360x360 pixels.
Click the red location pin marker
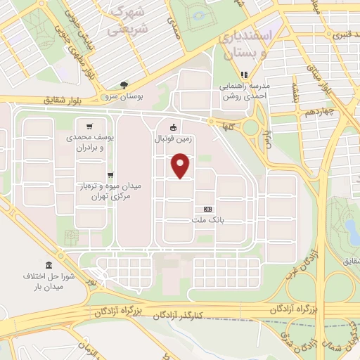pyautogui.click(x=181, y=166)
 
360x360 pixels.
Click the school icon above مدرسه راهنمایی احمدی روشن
pyautogui.click(x=245, y=75)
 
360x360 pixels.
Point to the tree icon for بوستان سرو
pyautogui.click(x=124, y=84)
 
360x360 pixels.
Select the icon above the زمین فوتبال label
pyautogui.click(x=173, y=128)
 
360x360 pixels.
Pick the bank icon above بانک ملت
pyautogui.click(x=207, y=210)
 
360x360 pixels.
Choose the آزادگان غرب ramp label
pyautogui.click(x=300, y=264)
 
